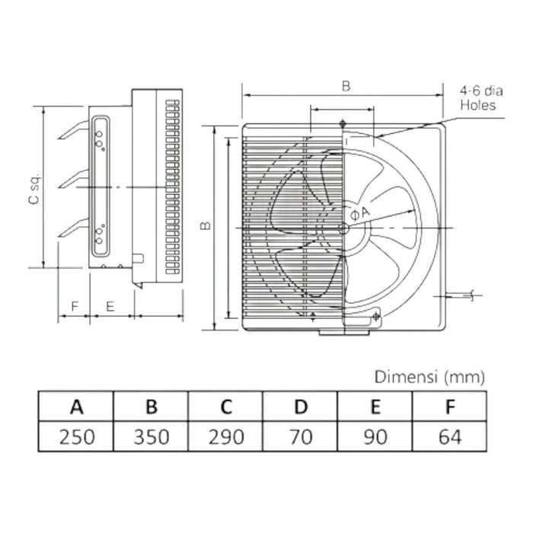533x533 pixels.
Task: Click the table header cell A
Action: [x=76, y=407]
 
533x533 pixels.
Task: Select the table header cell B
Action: [x=151, y=407]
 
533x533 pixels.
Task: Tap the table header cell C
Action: [x=225, y=407]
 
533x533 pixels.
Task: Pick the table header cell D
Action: [x=301, y=407]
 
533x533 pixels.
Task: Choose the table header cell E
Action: [x=375, y=407]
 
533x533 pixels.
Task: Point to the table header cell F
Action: [x=450, y=407]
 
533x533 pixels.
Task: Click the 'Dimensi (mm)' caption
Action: [x=429, y=376]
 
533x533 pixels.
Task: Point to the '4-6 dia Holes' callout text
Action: [x=477, y=98]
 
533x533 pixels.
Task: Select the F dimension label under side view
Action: [x=74, y=306]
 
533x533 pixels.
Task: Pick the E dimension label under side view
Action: [x=110, y=306]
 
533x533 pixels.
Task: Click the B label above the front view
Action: [x=345, y=86]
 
